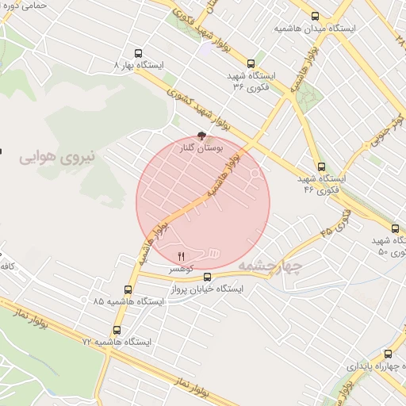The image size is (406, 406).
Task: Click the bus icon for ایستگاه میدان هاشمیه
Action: pyautogui.click(x=316, y=16)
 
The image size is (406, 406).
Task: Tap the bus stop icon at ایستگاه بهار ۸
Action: pyautogui.click(x=140, y=54)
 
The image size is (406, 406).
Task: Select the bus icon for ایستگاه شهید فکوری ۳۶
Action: pyautogui.click(x=251, y=63)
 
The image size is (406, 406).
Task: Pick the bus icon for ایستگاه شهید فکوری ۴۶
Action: pyautogui.click(x=321, y=167)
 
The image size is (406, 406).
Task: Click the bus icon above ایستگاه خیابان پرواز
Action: pyautogui.click(x=208, y=277)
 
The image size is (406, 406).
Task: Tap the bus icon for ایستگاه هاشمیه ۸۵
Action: pyautogui.click(x=128, y=290)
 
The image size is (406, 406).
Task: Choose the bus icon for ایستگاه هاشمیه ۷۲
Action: pyautogui.click(x=117, y=330)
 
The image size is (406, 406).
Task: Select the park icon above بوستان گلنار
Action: pyautogui.click(x=200, y=136)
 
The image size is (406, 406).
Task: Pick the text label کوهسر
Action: pyautogui.click(x=181, y=270)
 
